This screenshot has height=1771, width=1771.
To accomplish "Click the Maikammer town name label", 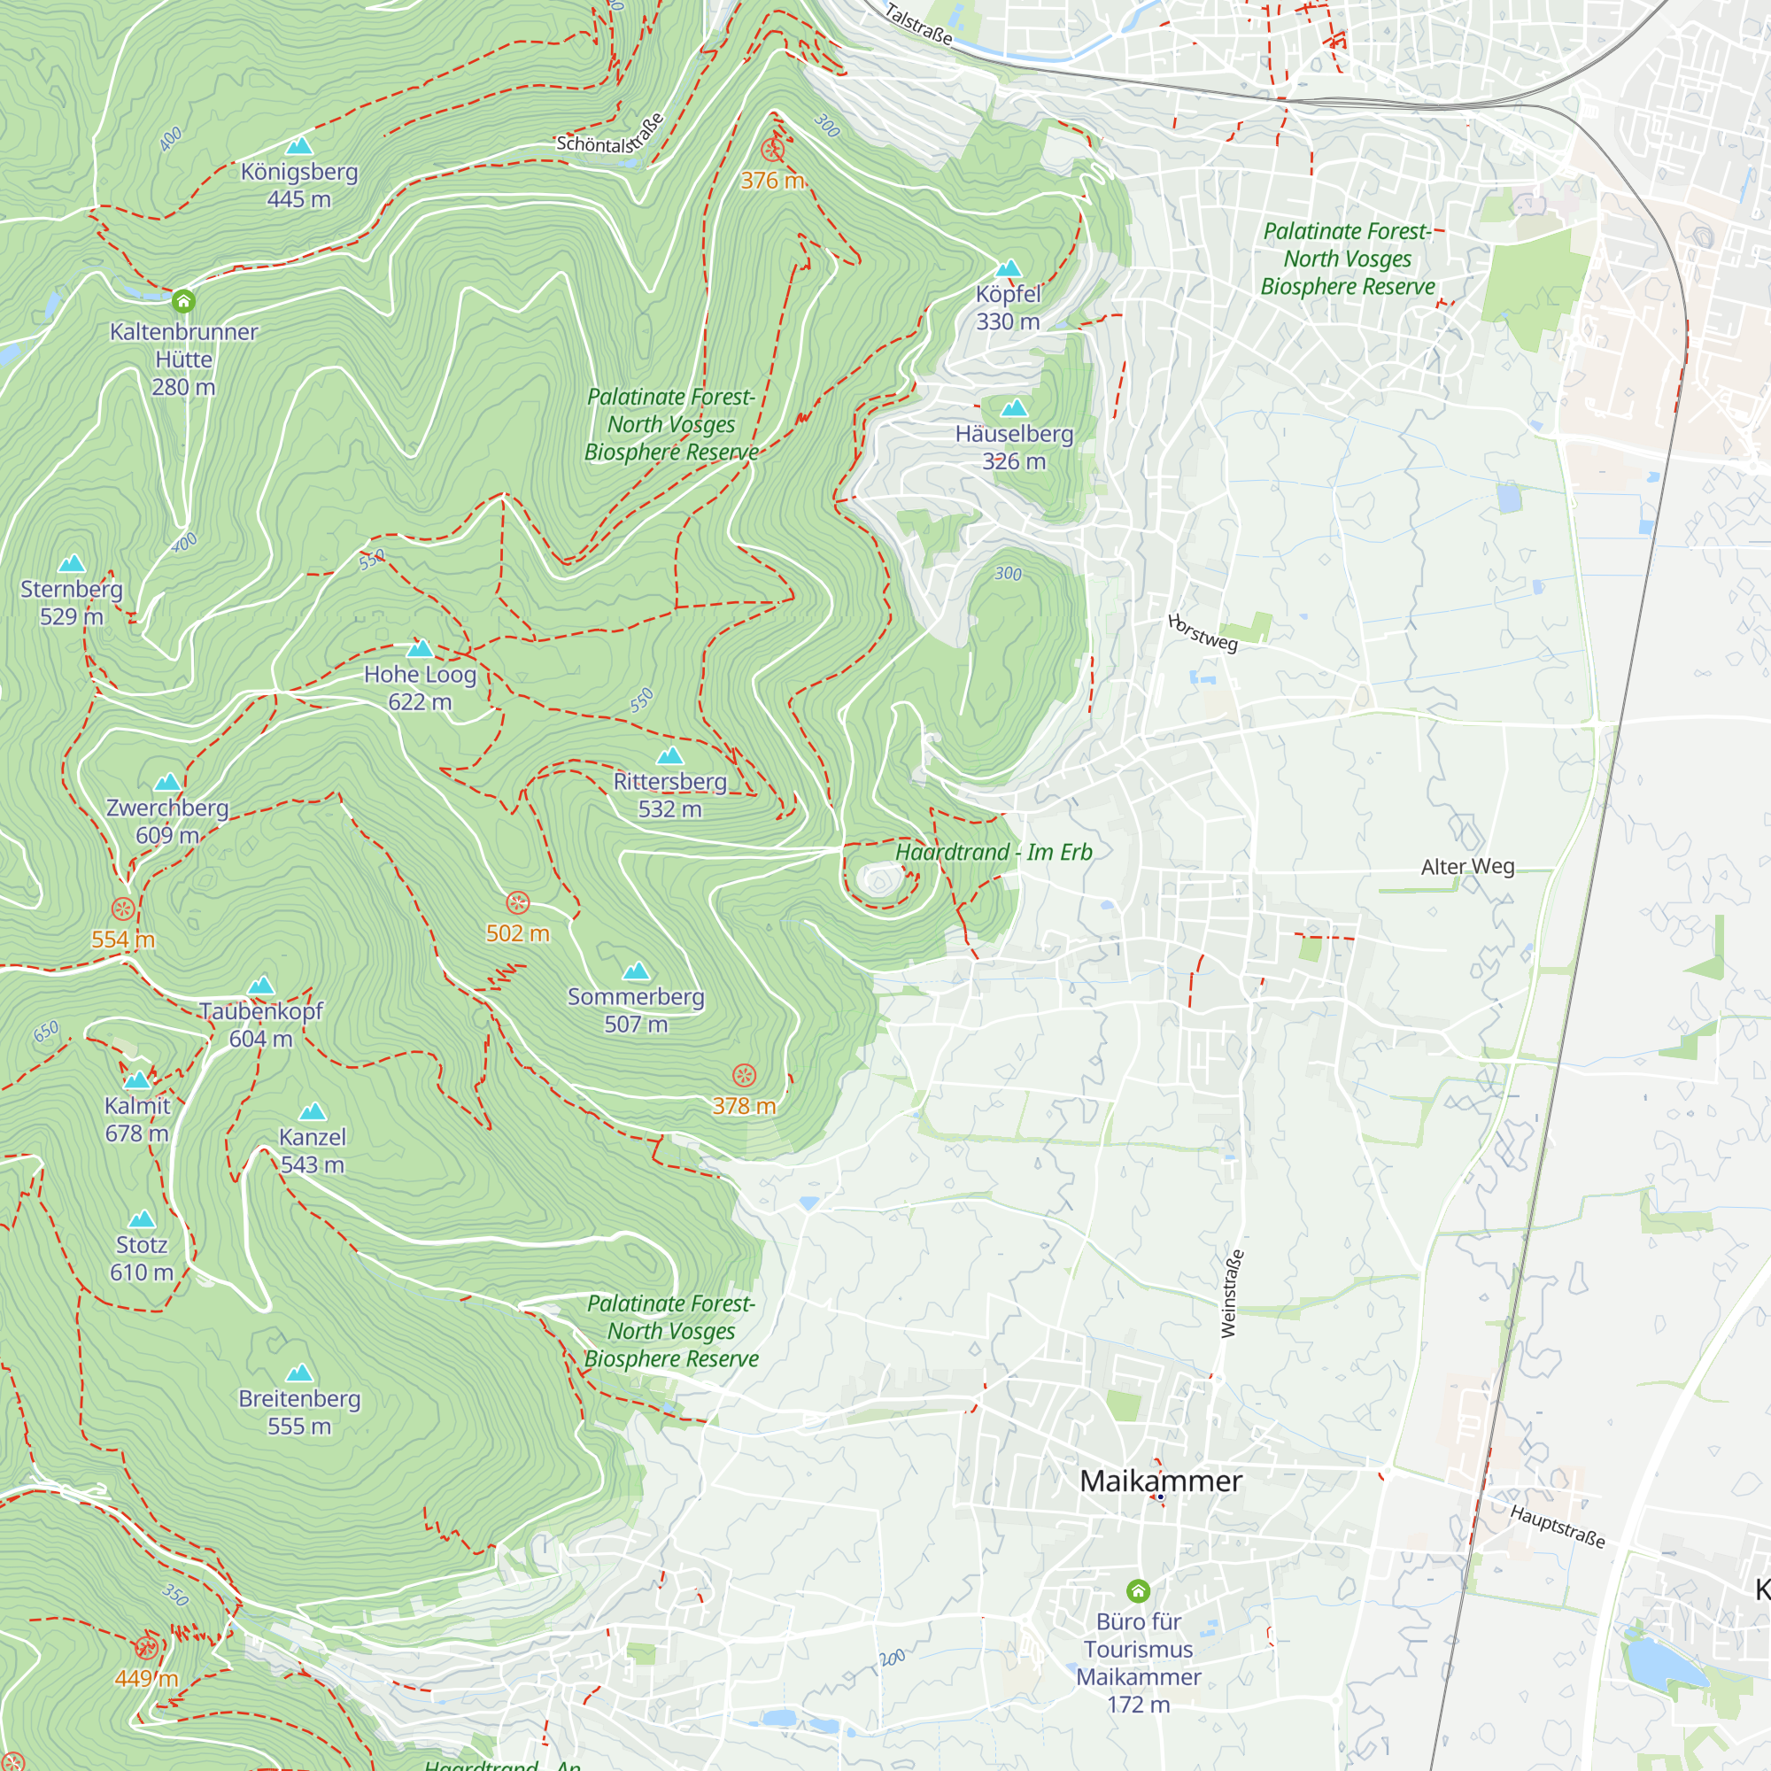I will tap(1161, 1481).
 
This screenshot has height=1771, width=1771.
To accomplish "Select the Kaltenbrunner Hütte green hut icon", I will tap(183, 301).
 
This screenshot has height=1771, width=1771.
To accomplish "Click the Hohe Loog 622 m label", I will tap(420, 687).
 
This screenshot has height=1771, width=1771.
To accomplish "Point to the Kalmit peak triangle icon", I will tap(136, 1079).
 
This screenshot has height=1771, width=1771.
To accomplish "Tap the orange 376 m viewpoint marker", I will tap(773, 150).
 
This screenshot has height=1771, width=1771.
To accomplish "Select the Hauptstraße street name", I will tap(1558, 1527).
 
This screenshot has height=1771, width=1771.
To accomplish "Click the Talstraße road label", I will tap(918, 24).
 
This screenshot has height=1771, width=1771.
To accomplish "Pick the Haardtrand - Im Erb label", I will tap(994, 853).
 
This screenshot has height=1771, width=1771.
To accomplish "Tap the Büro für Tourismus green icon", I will tap(1138, 1590).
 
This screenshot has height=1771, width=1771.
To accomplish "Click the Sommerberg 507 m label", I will tap(635, 1010).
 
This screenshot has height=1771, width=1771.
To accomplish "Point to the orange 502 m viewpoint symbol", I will tap(518, 903).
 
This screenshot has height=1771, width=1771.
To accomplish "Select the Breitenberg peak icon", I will tap(300, 1373).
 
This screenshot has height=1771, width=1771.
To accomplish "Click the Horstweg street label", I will tap(1203, 632).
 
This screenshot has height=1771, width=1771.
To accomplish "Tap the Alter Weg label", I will tap(1466, 866).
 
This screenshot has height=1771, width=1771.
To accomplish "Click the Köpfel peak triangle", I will tap(1009, 268).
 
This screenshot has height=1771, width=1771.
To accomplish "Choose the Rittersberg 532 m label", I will tap(670, 795).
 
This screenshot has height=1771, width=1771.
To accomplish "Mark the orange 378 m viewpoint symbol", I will tap(745, 1075).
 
